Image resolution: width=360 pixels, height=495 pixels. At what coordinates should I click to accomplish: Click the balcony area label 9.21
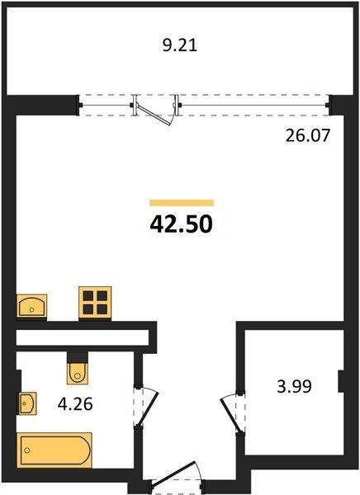pyautogui.click(x=180, y=45)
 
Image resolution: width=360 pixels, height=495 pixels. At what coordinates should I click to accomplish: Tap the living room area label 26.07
pyautogui.click(x=308, y=136)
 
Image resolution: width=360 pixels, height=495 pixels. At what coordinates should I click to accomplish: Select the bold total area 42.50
pyautogui.click(x=182, y=224)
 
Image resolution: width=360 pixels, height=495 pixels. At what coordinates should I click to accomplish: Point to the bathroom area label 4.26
pyautogui.click(x=75, y=403)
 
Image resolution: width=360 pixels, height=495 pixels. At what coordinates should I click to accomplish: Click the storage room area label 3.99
pyautogui.click(x=294, y=386)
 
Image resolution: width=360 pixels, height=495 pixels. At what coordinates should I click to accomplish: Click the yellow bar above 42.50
pyautogui.click(x=182, y=203)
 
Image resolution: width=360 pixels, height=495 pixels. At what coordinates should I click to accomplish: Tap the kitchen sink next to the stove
pyautogui.click(x=31, y=306)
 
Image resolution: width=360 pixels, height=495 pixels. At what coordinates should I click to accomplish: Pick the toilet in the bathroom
pyautogui.click(x=77, y=374)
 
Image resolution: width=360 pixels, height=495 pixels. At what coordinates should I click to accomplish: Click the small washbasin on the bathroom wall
pyautogui.click(x=28, y=403)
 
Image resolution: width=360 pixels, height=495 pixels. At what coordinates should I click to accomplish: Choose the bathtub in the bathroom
pyautogui.click(x=54, y=450)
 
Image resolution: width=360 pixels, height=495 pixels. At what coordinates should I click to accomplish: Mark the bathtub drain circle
pyautogui.click(x=27, y=450)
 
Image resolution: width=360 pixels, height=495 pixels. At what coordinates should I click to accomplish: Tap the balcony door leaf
pyautogui.click(x=154, y=115)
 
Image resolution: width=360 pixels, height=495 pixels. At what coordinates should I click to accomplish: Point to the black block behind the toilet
pyautogui.click(x=77, y=357)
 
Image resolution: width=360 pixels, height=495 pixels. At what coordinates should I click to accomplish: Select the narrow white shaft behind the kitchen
pyautogui.click(x=83, y=337)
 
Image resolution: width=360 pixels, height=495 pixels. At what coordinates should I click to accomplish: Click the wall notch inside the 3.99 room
pyautogui.click(x=341, y=381)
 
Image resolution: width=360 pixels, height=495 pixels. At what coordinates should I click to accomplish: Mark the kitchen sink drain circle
pyautogui.click(x=31, y=309)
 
